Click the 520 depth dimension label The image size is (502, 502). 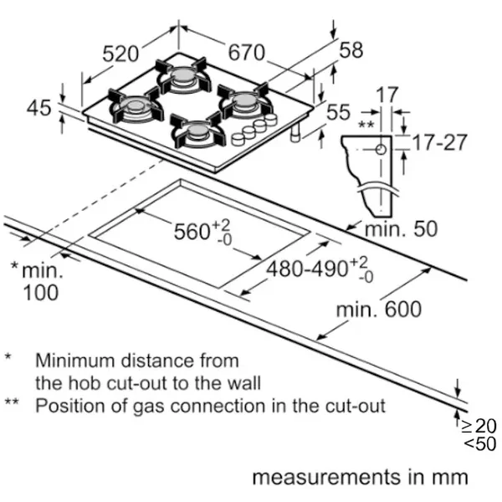[120, 54]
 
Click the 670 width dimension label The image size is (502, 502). [247, 52]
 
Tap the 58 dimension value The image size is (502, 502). [351, 49]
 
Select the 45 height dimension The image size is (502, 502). [38, 108]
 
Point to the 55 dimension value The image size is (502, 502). [338, 112]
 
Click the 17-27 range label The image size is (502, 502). [440, 142]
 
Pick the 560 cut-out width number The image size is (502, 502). [192, 231]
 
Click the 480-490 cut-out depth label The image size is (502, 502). [307, 269]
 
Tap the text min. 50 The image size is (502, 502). [401, 229]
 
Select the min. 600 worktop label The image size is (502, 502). [379, 310]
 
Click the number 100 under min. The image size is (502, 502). [41, 293]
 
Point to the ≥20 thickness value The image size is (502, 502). [479, 426]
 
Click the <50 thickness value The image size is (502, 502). [480, 443]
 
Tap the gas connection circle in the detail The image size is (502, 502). [381, 149]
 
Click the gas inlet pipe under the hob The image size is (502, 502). [295, 132]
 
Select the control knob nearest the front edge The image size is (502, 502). [238, 140]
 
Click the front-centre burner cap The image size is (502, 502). [197, 130]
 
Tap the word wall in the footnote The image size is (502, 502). [244, 383]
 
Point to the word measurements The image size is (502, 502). [327, 477]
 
